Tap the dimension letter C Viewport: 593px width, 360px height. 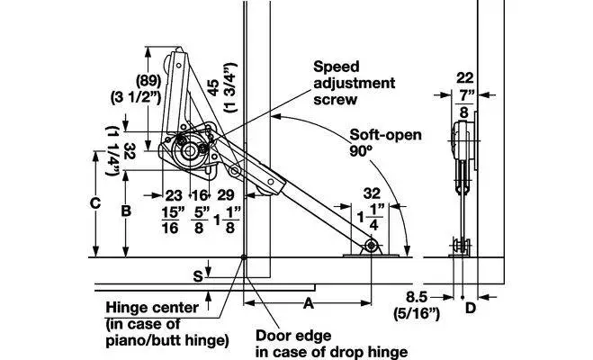[x=94, y=203]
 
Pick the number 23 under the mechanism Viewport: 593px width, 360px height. [x=173, y=194]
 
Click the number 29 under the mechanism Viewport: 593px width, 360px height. [x=226, y=194]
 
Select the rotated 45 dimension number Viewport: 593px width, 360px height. [x=213, y=89]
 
